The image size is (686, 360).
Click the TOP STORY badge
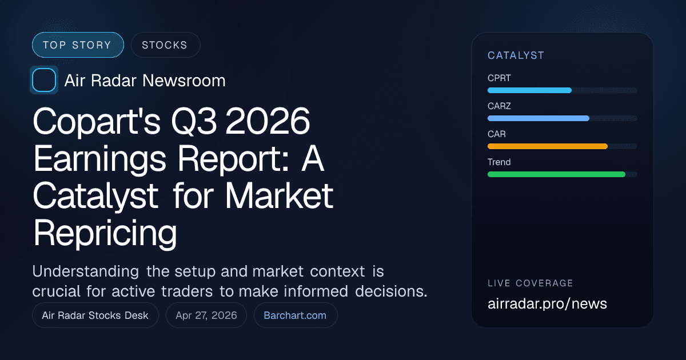point(78,45)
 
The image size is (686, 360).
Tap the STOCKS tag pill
point(165,45)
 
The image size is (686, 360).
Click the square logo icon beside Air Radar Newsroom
point(44,81)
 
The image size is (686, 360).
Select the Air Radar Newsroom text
point(145,81)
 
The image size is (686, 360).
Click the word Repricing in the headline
point(105,233)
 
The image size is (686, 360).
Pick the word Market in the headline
point(279,196)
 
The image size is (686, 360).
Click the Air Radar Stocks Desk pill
point(95,315)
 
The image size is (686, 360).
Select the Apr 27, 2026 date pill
point(206,315)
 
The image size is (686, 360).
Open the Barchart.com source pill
point(295,315)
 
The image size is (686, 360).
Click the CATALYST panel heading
point(516,55)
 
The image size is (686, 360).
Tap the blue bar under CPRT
point(529,90)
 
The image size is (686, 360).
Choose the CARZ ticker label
point(499,106)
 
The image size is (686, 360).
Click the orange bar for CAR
point(547,146)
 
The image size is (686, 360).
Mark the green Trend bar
point(556,174)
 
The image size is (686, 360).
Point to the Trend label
point(499,162)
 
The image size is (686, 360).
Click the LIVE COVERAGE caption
point(530,283)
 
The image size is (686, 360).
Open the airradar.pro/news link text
point(547,303)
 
